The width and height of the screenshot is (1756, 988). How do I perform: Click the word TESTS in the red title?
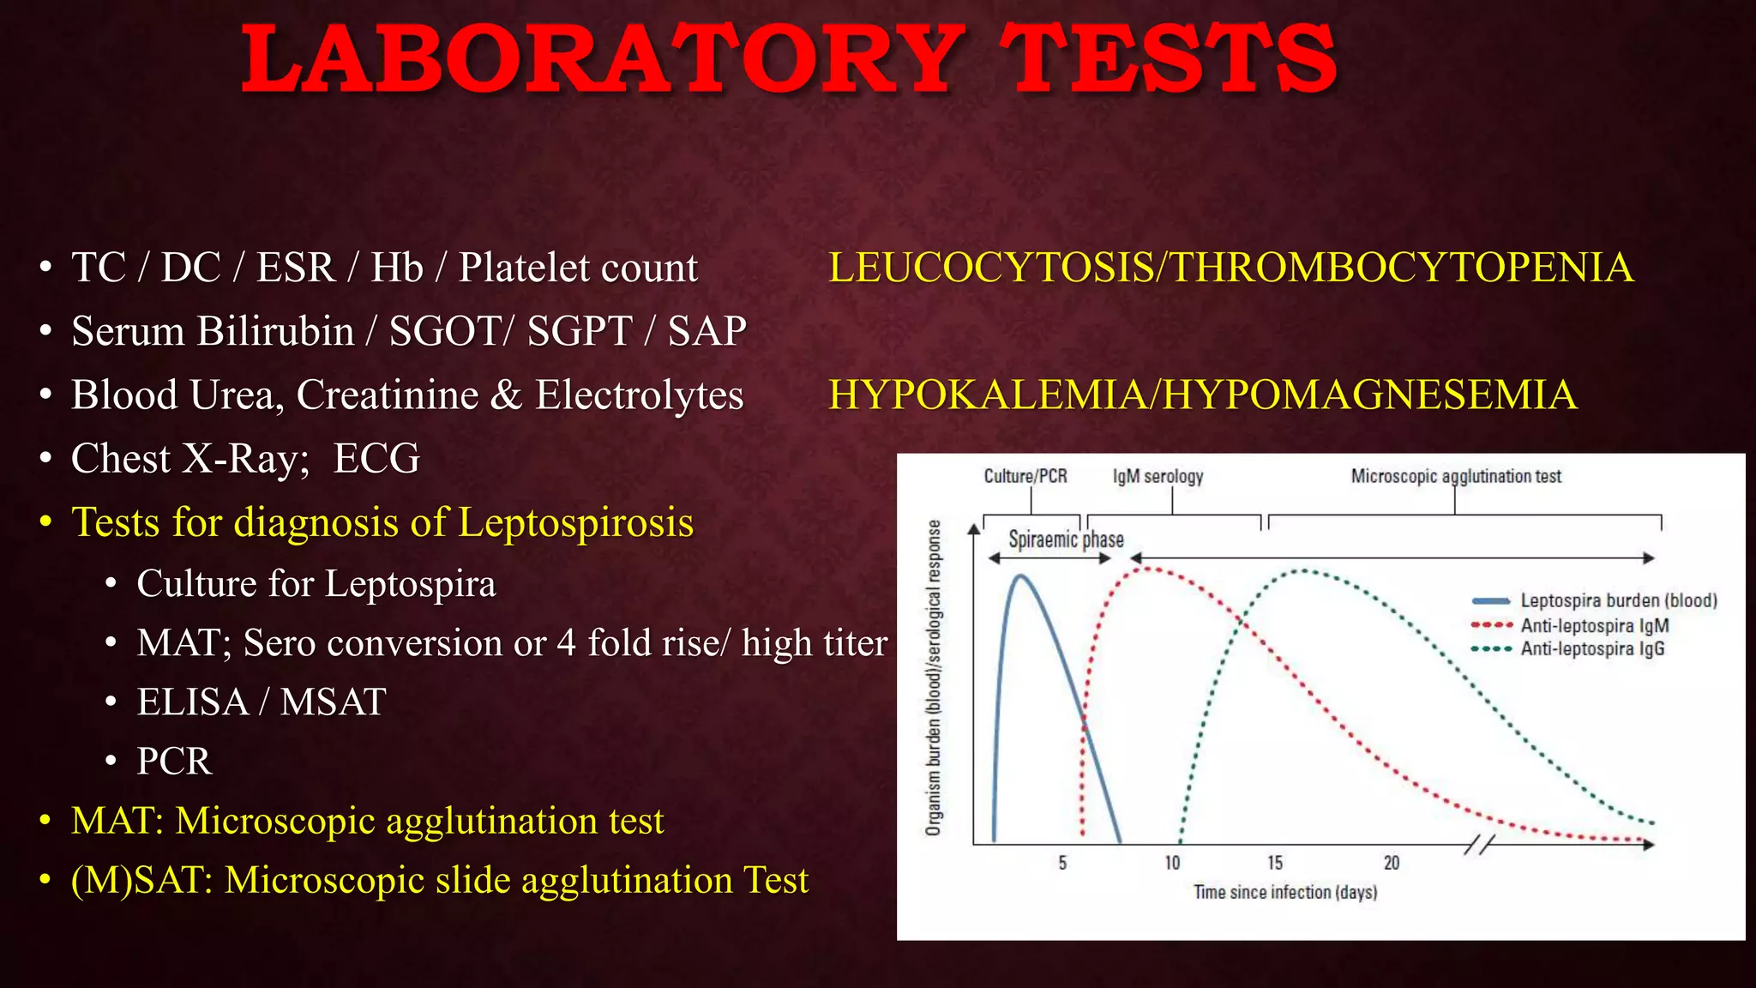click(x=1170, y=60)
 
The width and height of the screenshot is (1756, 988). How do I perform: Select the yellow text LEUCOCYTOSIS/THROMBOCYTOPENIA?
click(x=1230, y=268)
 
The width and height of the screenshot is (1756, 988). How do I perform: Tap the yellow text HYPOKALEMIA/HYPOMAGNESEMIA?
click(x=1202, y=395)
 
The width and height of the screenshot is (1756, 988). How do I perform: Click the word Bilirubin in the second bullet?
click(x=275, y=332)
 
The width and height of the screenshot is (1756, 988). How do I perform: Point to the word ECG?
click(x=376, y=459)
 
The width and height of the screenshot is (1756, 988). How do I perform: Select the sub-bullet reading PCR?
click(x=174, y=762)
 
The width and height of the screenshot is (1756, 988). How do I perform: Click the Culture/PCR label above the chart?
click(x=1025, y=476)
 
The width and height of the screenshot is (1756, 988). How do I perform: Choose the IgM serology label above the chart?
click(x=1158, y=476)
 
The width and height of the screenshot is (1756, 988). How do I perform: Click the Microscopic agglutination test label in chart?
click(x=1456, y=476)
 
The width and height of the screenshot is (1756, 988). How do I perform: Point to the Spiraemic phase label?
click(x=1066, y=539)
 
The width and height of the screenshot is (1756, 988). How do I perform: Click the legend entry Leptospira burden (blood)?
click(x=1618, y=600)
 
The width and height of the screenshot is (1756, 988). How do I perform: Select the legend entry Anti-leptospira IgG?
click(x=1592, y=649)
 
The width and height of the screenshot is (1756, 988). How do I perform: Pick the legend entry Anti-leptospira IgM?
click(x=1594, y=625)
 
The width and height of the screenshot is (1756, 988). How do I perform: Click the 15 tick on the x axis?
click(x=1275, y=863)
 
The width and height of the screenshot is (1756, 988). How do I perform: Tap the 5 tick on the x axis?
click(x=1062, y=863)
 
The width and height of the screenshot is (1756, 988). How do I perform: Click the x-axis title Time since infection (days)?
click(x=1285, y=893)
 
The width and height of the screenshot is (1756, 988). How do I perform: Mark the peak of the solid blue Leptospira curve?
click(x=1020, y=575)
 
